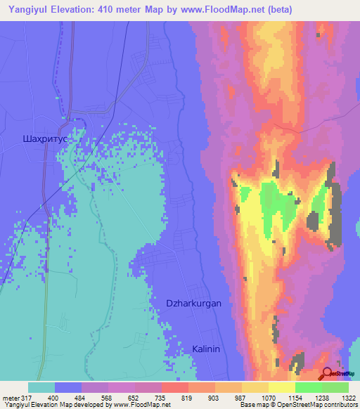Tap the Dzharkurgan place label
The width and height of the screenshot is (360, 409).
point(193,304)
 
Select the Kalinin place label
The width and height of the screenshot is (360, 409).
point(207,349)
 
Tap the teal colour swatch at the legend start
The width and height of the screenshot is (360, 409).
point(41,388)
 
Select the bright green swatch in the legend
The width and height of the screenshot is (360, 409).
point(309,388)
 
